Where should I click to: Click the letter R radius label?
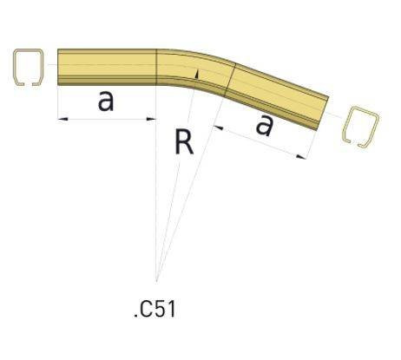pos(183,141)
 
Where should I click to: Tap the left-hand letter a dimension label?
pos(106,101)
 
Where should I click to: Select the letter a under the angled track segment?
pos(265,127)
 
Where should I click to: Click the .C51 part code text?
pos(156,309)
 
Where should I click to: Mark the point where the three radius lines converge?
pos(157,280)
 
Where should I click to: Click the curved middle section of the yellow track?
pos(192,69)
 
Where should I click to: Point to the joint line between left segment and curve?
pos(156,67)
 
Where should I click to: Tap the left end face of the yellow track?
pos(59,67)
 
